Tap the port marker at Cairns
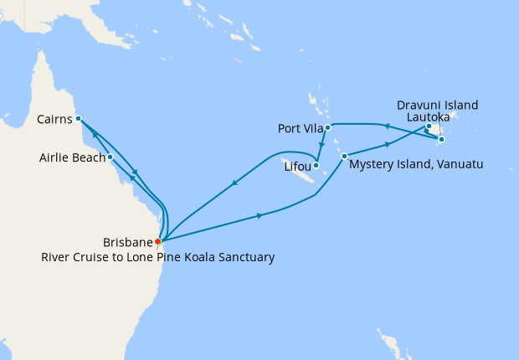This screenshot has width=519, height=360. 78,118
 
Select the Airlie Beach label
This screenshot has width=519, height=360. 71,157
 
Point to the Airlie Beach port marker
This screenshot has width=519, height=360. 110,156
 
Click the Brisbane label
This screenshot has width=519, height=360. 127,242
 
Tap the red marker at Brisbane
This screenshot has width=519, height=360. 158,241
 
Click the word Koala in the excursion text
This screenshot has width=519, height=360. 194,258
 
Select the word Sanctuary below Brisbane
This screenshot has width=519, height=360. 244,258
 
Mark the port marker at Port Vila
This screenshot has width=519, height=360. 328,127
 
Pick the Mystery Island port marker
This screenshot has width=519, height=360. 344,156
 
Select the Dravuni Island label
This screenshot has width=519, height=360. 438,105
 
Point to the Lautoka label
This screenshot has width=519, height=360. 427,118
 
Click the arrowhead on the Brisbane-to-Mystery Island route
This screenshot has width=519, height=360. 260,216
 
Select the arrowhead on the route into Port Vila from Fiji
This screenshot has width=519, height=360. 386,126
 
